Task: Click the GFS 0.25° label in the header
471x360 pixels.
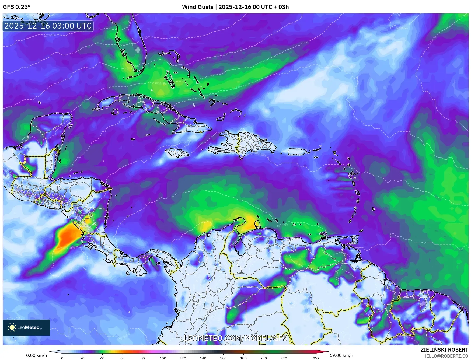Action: tap(16, 7)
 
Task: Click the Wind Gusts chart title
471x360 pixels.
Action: tap(235, 7)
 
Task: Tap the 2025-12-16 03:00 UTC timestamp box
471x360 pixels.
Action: tap(48, 26)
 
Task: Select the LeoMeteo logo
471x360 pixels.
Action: tap(26, 327)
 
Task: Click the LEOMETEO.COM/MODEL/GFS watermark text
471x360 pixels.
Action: tap(235, 338)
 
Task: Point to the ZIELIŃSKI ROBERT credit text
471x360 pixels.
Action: tap(444, 350)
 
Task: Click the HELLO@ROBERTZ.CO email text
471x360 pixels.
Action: tap(445, 356)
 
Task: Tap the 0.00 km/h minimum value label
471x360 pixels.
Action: tap(36, 355)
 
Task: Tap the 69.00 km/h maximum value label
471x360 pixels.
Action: tap(341, 355)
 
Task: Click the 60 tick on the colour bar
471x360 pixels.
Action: tap(123, 358)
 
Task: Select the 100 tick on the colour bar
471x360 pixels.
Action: tap(163, 358)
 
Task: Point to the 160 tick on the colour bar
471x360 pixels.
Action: tap(223, 358)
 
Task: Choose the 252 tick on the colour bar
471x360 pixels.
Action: tap(316, 358)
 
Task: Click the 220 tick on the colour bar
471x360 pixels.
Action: tap(284, 358)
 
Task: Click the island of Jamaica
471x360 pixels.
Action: tap(177, 153)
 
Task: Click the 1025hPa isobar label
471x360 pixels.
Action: tap(50, 35)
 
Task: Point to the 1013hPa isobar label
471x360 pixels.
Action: tap(282, 225)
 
